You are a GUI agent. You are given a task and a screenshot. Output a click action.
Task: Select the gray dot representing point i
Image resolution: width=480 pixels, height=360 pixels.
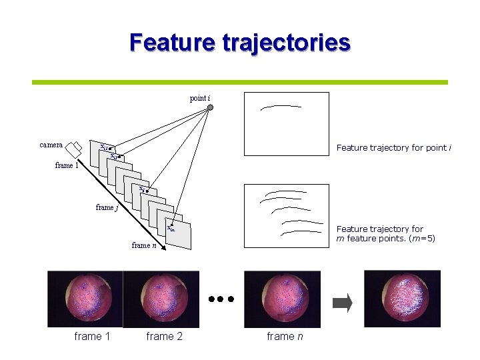[209, 106]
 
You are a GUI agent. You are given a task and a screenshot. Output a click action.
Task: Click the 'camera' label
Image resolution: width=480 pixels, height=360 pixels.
[51, 145]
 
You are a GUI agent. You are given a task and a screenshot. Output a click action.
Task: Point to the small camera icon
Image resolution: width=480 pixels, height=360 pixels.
[77, 146]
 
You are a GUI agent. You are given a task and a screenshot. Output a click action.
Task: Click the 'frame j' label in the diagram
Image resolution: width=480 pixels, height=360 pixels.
[107, 207]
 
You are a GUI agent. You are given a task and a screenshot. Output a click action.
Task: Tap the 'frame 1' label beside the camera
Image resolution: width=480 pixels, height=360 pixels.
[67, 165]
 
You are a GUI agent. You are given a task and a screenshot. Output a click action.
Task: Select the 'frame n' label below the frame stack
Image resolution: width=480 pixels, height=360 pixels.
[144, 245]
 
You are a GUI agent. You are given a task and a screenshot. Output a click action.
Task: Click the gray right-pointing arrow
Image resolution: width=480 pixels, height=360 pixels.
[342, 303]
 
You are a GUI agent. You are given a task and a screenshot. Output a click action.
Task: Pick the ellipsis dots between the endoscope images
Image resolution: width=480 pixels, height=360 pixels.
[221, 299]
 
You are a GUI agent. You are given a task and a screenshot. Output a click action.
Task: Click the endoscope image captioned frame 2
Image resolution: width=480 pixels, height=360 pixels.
[161, 299]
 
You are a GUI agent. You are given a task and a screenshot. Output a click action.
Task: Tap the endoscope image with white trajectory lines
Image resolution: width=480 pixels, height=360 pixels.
[402, 299]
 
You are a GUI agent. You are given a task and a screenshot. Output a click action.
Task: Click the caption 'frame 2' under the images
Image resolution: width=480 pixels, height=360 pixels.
[164, 337]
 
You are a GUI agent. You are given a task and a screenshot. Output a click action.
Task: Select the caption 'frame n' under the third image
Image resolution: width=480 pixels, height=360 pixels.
[285, 337]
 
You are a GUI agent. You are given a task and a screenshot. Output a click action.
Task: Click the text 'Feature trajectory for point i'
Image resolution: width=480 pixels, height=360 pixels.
[393, 147]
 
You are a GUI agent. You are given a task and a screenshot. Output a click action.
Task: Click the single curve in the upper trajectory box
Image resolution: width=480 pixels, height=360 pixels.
[280, 106]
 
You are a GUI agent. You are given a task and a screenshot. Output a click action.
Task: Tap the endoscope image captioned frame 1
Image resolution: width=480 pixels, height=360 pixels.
[85, 299]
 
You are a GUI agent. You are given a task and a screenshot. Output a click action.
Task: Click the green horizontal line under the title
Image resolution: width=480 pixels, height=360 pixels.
[240, 83]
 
